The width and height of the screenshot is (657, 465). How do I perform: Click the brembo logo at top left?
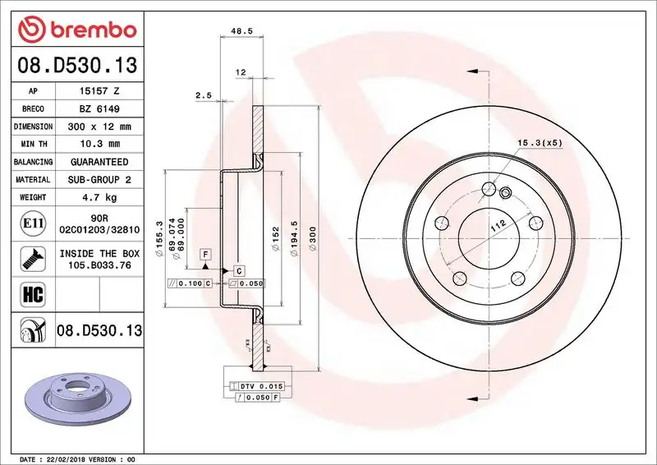pyautogui.click(x=76, y=30)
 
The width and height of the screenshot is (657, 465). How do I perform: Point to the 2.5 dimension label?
pyautogui.click(x=204, y=95)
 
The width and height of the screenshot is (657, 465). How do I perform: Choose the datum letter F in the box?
pyautogui.click(x=204, y=253)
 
